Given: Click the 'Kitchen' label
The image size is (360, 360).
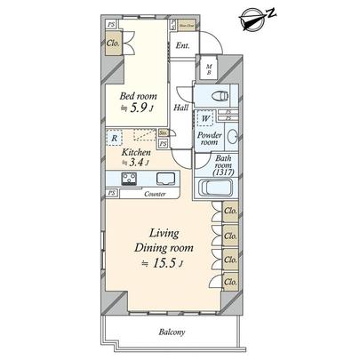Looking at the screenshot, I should tap(137, 153).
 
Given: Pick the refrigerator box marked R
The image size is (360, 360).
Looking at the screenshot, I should tap(116, 139).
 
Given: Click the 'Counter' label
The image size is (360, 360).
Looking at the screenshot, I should tap(156, 193).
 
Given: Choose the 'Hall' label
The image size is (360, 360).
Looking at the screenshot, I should tap(180, 108).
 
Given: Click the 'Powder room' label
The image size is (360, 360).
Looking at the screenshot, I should tap(209, 137).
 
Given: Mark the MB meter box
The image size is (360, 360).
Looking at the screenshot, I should tap(210, 69).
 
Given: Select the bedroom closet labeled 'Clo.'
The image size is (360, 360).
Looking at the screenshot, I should tap(113, 42).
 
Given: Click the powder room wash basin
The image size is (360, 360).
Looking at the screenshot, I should tap(232, 137).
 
